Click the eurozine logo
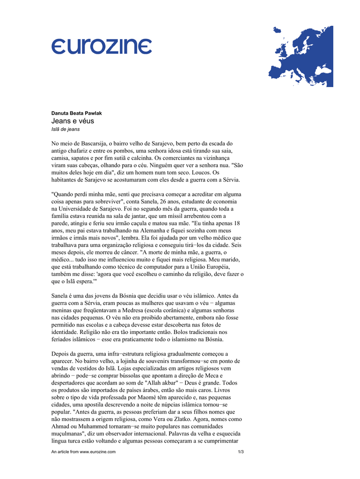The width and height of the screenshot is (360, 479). point(101,47)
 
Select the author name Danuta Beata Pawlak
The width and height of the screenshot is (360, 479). point(76,113)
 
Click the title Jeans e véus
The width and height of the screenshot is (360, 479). point(73,121)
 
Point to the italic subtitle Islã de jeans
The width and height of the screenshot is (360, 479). point(66,129)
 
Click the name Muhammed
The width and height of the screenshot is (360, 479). point(90,427)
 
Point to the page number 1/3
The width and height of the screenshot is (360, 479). point(241,452)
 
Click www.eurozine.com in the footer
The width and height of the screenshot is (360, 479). point(97,452)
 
